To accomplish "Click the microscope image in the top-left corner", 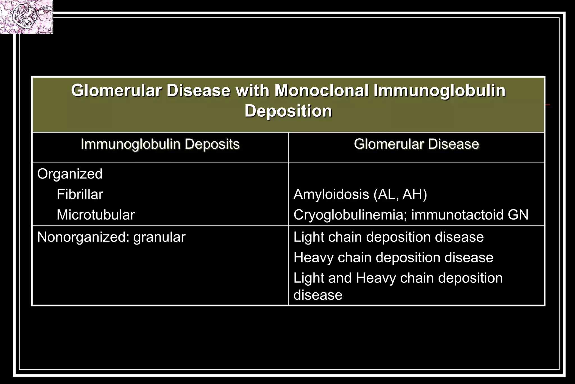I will point(26,17).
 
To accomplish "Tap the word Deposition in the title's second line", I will point(288,111).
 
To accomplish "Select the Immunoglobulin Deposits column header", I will point(160,144).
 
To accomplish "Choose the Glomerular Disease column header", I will point(416,144).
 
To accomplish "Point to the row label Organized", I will point(70,174).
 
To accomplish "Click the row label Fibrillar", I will point(80,194).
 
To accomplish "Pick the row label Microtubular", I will point(96,215).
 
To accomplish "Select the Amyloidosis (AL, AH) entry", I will point(360,194).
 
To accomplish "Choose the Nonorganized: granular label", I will point(111,237).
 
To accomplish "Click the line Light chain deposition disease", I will point(388,237).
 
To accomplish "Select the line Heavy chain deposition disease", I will point(393,257).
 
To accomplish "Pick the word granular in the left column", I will point(159,237).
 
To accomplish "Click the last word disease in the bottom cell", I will point(318,295).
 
